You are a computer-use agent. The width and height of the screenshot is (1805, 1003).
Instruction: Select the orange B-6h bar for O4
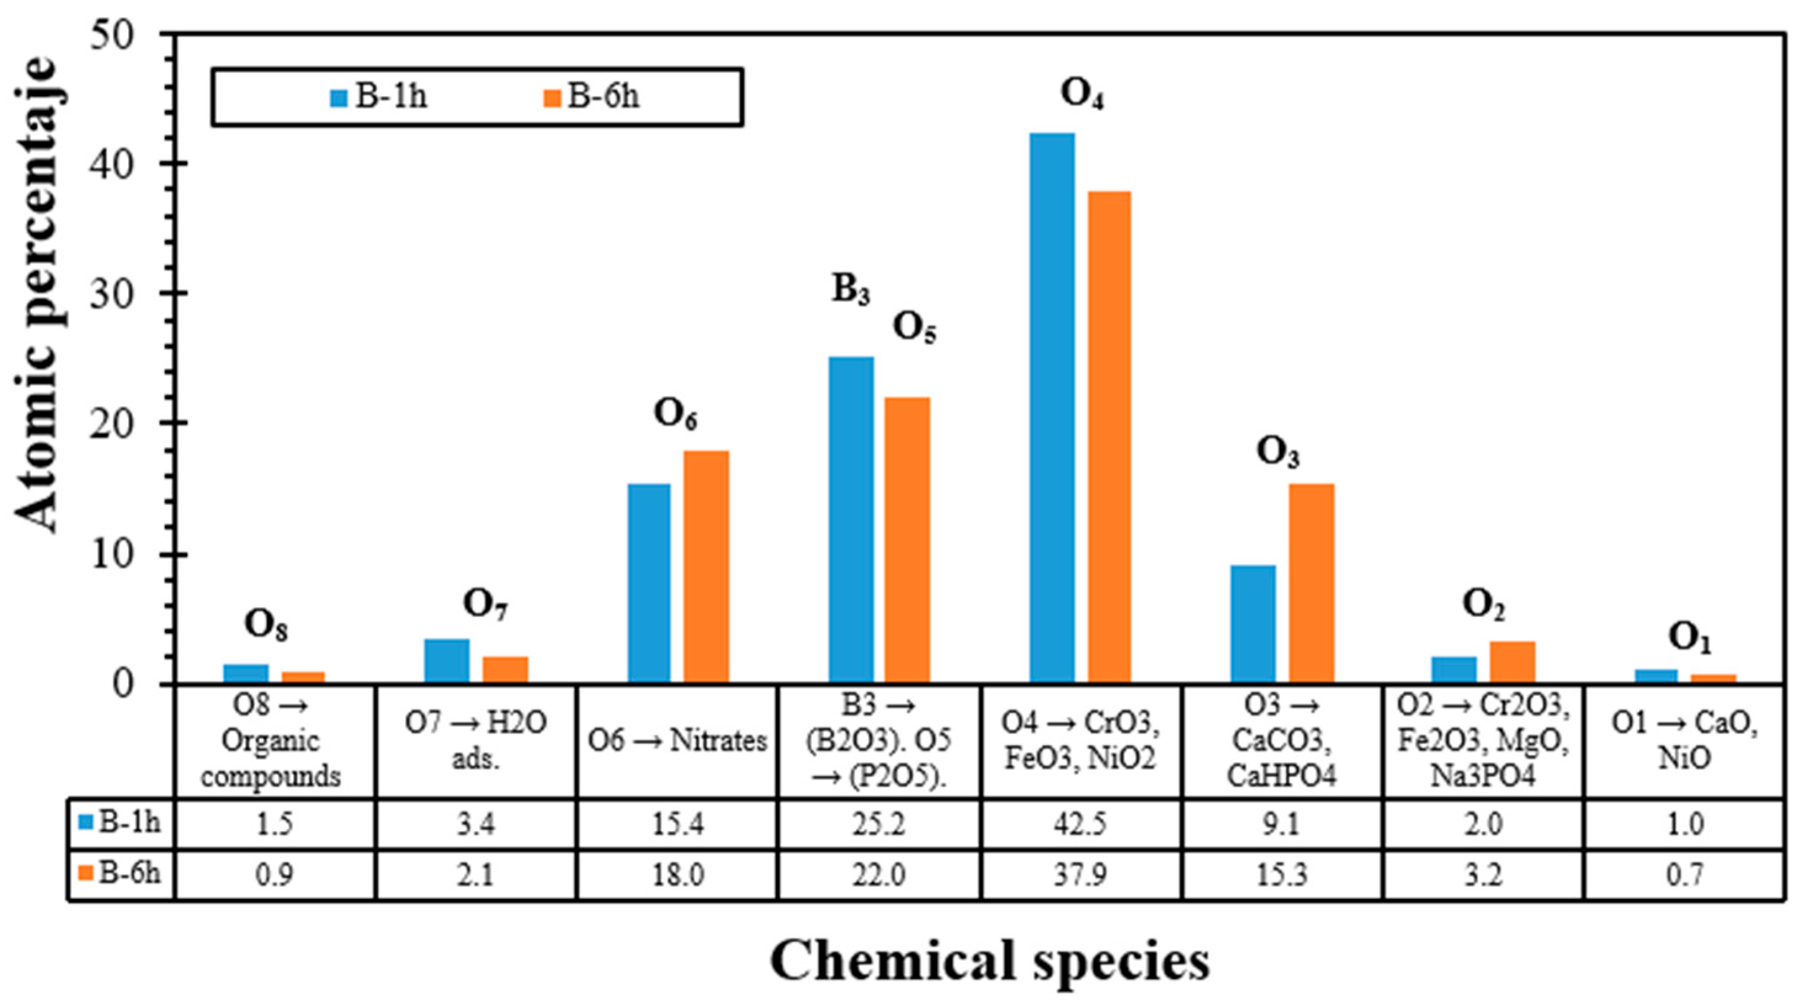click(1109, 437)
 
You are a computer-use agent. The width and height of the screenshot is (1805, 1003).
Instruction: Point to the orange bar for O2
click(1512, 661)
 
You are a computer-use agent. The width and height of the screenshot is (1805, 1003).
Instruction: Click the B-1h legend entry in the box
click(379, 97)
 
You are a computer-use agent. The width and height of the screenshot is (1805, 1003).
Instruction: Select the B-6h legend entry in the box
click(592, 97)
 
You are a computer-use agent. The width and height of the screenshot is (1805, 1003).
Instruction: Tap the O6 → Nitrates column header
click(677, 741)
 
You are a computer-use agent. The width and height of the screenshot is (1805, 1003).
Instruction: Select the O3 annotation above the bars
click(1277, 453)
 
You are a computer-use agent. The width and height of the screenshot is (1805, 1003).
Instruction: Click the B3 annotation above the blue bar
click(851, 289)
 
